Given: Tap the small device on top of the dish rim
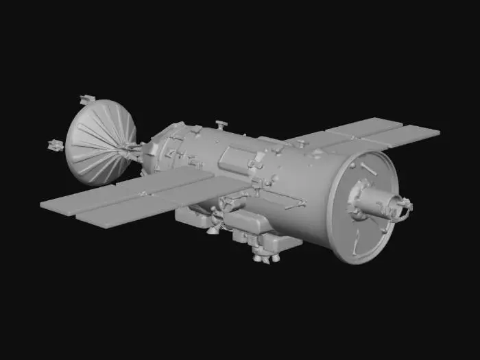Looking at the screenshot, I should [x=86, y=99].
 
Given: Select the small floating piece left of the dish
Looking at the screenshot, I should [x=54, y=145].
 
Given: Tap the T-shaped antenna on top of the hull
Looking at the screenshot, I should [x=220, y=125].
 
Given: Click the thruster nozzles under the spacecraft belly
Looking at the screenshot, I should [x=264, y=255].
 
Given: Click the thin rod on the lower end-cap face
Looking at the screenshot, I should [x=356, y=241].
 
